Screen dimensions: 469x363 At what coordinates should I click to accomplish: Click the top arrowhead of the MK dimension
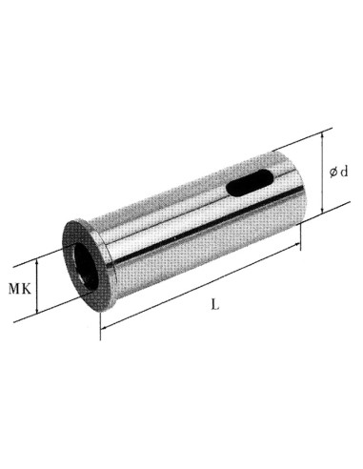coord(39,258)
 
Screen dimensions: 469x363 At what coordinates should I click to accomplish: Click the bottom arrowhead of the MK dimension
coord(38,312)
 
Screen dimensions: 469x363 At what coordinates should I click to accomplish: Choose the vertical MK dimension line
coord(38,285)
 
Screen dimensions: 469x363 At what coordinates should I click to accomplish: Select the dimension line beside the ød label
coord(326,191)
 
